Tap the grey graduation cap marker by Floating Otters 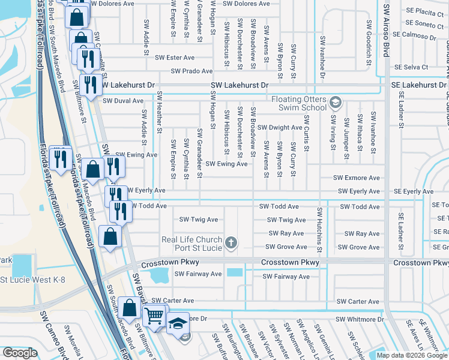click(x=336, y=104)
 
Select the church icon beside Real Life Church click(x=231, y=243)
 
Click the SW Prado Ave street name click(x=191, y=71)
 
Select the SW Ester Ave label click(x=175, y=58)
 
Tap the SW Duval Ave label click(x=122, y=101)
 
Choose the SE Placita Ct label click(x=420, y=11)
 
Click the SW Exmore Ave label click(x=358, y=178)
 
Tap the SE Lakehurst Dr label click(x=417, y=85)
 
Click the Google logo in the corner click(x=20, y=353)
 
